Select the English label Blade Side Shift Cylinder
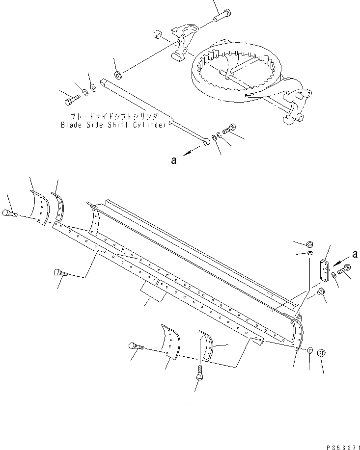(x=114, y=125)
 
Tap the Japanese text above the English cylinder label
(x=114, y=117)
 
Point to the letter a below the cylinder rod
(x=174, y=159)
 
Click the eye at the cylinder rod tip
(x=207, y=142)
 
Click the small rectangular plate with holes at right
(x=325, y=271)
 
